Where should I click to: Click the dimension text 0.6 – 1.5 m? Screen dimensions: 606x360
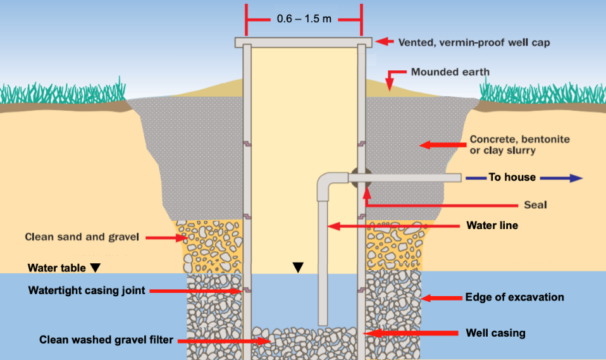coord(304,18)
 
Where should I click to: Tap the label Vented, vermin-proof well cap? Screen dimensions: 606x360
coord(474,42)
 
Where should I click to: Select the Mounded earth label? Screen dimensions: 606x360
coord(450,72)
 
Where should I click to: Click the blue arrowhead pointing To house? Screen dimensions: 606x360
coord(576,178)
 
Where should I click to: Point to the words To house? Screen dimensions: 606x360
coord(512,177)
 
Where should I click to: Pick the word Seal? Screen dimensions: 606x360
coord(535,204)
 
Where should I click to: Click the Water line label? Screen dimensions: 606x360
coord(492,225)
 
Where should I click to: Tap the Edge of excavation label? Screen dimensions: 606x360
coord(514,297)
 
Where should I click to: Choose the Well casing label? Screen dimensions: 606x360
coord(495,333)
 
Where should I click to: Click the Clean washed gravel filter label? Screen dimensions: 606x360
coord(106,340)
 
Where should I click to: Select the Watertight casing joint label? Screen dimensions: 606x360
coord(87,290)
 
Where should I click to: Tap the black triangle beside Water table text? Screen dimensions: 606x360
coord(95,268)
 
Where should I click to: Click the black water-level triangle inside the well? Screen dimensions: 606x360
coord(298,267)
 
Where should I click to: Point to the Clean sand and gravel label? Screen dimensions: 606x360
coord(82,237)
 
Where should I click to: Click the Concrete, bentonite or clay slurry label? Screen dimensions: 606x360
coord(520,145)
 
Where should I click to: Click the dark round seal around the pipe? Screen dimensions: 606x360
coord(361,178)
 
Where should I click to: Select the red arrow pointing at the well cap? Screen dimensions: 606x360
coord(384,41)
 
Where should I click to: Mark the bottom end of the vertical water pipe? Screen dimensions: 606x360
coord(323,324)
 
